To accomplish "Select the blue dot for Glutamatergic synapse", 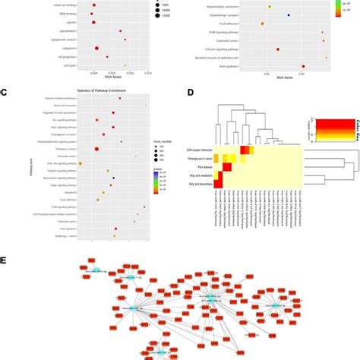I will [x=289, y=15].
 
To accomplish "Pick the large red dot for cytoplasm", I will [x=97, y=48].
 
